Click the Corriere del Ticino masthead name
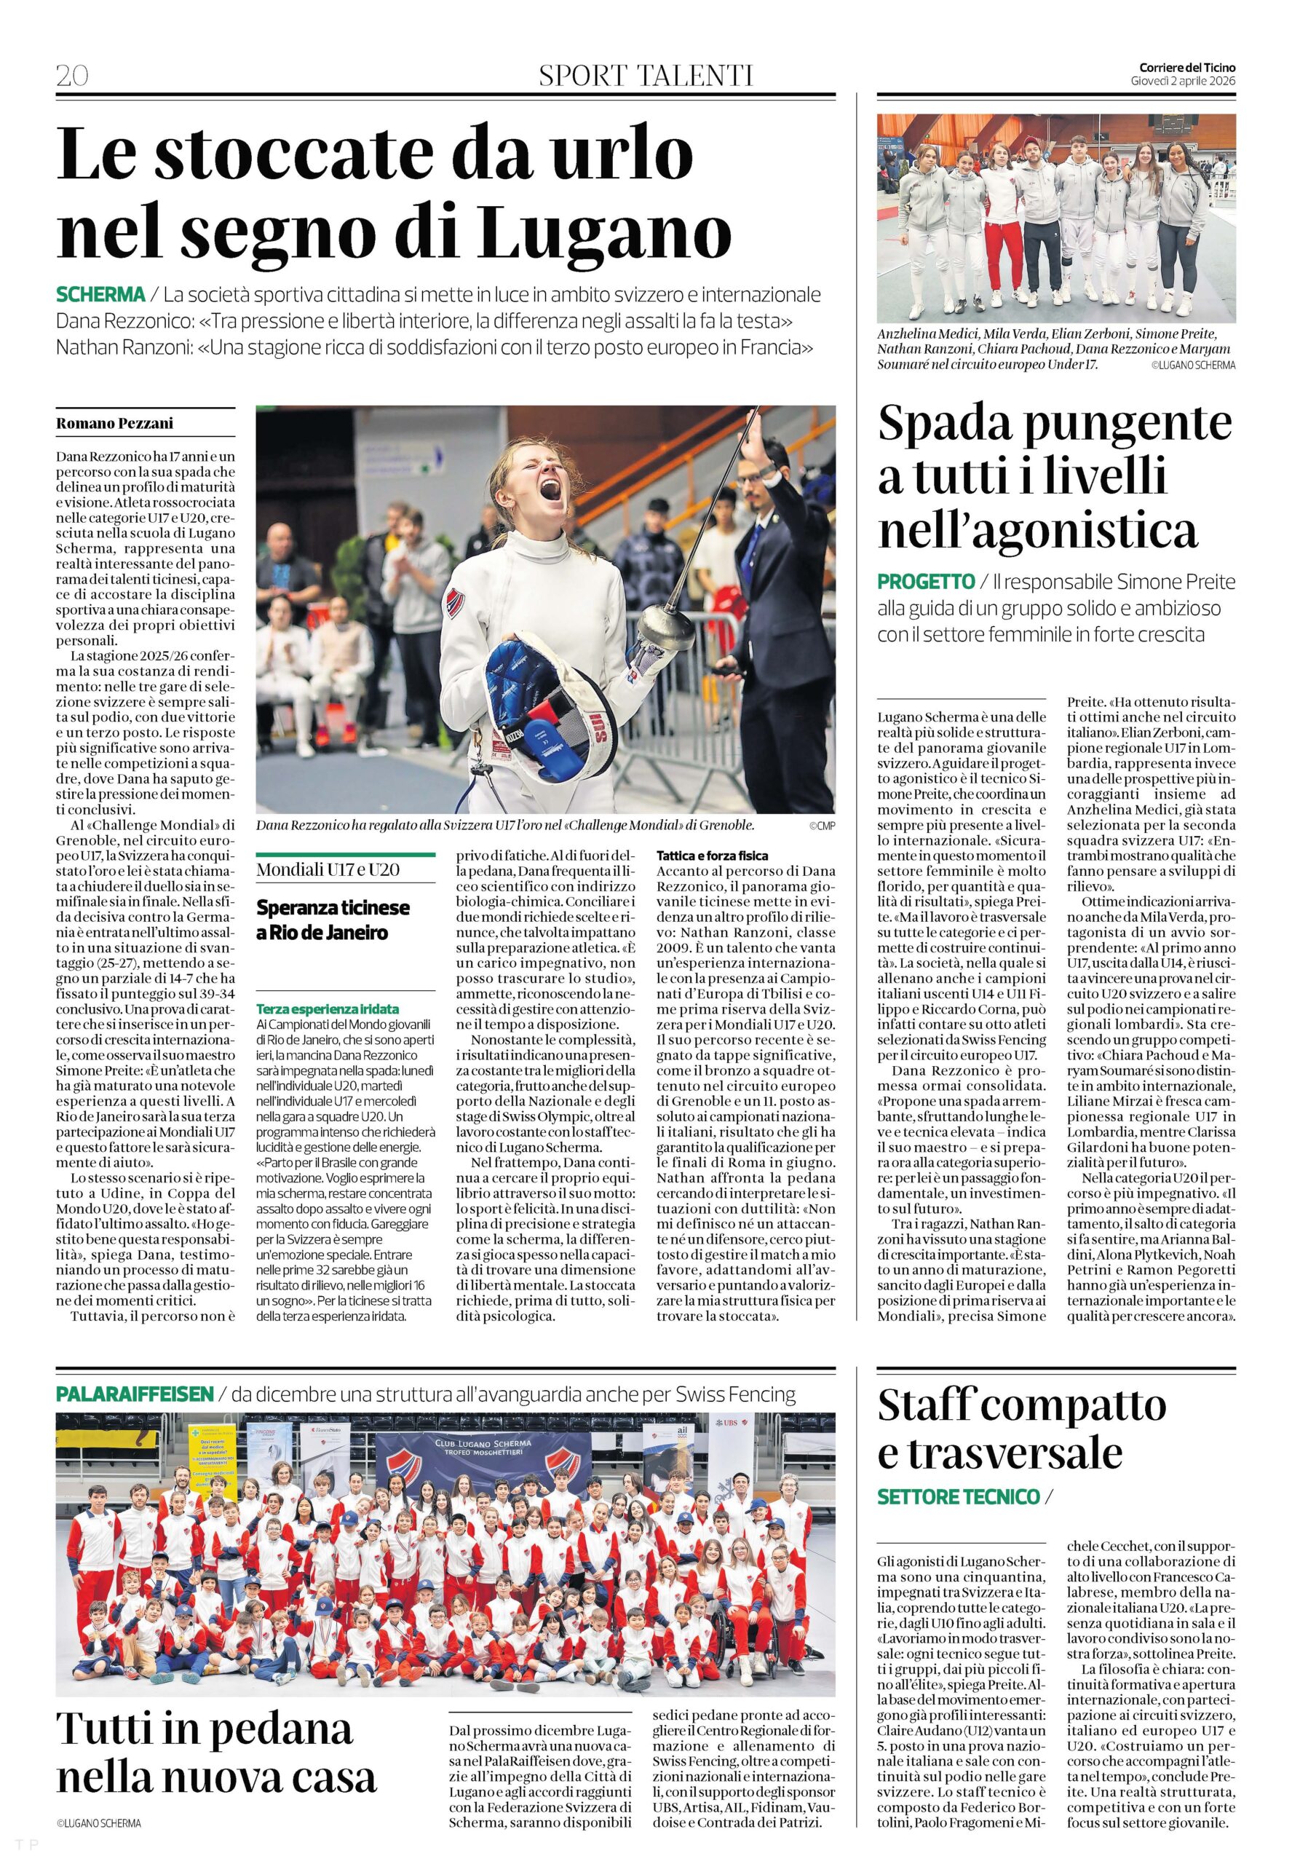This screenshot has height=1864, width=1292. pos(1186,68)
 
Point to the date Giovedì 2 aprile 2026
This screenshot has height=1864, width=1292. pos(1183,81)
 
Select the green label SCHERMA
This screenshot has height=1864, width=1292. pos(101,295)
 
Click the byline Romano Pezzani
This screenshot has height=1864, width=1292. pos(115,424)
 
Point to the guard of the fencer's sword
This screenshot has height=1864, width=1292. pos(662,624)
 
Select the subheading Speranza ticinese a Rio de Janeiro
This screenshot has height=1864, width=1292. pos(333,920)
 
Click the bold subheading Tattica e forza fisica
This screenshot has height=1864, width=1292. pos(713,855)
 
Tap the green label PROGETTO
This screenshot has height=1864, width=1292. pos(925,581)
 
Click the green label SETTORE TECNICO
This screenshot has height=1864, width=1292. pos(958,1496)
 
